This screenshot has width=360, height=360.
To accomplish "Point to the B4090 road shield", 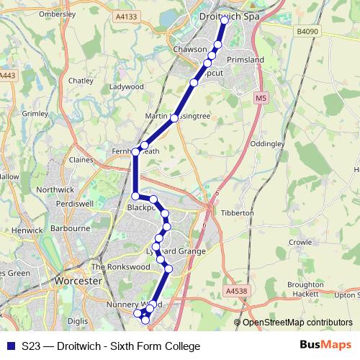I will pos(307,32).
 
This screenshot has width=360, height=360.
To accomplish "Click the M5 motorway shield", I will pos(260,96).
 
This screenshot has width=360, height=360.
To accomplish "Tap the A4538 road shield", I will pos(235,291).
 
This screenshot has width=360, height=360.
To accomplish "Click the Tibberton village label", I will pos(239,213).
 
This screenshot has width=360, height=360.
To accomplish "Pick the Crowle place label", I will pos(299,243).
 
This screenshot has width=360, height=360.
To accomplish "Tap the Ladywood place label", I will pos(127,86).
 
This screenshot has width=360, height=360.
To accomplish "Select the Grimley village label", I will pos(35,113).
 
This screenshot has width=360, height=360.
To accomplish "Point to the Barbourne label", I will pos(70,229).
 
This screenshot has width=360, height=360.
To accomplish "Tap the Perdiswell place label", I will pos(76,203).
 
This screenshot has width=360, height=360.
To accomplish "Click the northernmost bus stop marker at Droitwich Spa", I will pos(225,21).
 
